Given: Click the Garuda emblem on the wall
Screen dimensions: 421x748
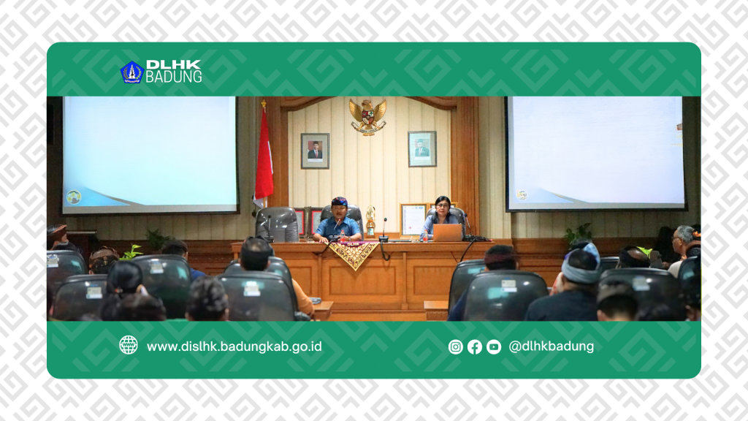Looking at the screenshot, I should (x=367, y=116).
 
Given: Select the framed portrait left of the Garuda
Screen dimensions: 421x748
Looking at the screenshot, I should (x=315, y=151).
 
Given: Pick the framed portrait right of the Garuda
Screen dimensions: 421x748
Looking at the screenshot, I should (x=421, y=148).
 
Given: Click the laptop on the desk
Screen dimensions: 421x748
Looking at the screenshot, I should (x=447, y=232).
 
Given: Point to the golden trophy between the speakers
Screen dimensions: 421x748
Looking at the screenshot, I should (x=370, y=222).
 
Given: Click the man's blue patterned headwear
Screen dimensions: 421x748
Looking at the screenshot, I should (x=338, y=202).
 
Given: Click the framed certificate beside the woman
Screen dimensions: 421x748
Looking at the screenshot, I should (x=413, y=219).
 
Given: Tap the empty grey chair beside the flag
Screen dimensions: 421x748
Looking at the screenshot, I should (x=277, y=224).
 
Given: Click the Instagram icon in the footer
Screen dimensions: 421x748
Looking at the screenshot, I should (x=456, y=347).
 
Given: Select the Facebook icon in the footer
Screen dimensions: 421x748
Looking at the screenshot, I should (x=475, y=347).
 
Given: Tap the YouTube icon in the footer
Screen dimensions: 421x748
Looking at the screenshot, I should (x=494, y=347).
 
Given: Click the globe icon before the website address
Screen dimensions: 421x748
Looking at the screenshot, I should (x=129, y=346).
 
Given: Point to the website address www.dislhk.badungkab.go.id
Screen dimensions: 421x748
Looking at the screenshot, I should (x=234, y=346).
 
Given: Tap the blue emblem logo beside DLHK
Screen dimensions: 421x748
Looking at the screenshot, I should (x=131, y=72).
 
